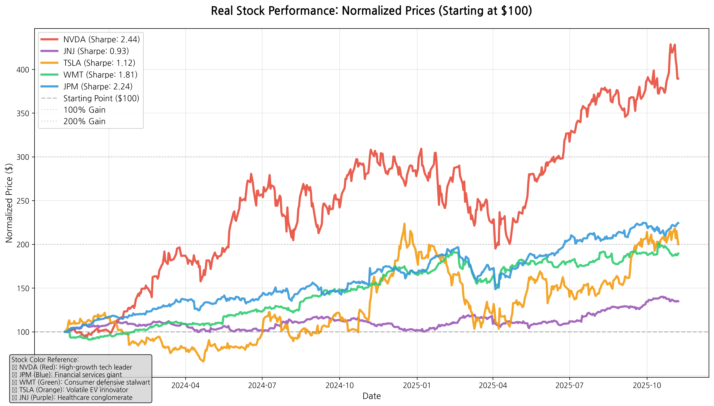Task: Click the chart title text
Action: pyautogui.click(x=371, y=11)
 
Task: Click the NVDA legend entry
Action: pyautogui.click(x=101, y=39)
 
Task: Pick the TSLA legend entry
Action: pyautogui.click(x=99, y=63)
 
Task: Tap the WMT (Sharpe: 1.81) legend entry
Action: pyautogui.click(x=100, y=75)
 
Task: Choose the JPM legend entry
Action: pyautogui.click(x=98, y=86)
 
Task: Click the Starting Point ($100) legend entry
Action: pyautogui.click(x=101, y=98)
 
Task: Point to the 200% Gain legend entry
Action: pyautogui.click(x=84, y=121)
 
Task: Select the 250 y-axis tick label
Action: pyautogui.click(x=23, y=201)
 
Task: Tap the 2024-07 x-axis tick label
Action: pyautogui.click(x=262, y=385)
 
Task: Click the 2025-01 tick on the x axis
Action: pyautogui.click(x=417, y=385)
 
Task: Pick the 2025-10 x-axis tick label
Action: pyautogui.click(x=647, y=385)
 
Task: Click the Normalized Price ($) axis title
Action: pyautogui.click(x=9, y=203)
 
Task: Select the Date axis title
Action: pyautogui.click(x=372, y=396)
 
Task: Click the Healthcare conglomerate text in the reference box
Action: pyautogui.click(x=95, y=397)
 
